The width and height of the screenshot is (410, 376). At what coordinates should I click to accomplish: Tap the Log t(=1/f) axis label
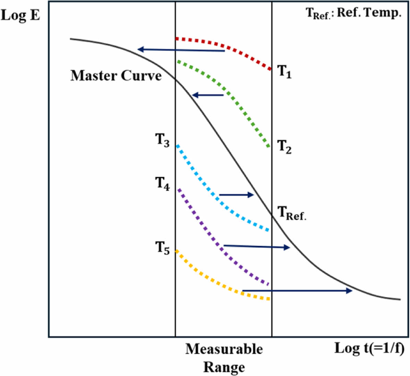point(369,348)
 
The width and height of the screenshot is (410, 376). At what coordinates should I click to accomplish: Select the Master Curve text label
point(116,76)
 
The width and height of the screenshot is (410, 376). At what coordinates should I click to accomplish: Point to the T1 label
point(284,72)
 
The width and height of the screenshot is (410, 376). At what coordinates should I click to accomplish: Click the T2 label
point(284,147)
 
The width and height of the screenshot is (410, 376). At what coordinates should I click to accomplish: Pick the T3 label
point(162,140)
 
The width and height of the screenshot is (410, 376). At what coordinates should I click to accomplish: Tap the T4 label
point(162,184)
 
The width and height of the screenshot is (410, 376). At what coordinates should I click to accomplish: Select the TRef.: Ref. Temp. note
point(353,13)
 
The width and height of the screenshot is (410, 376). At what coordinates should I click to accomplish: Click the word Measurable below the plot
point(224,349)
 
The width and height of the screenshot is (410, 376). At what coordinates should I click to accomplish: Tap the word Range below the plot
point(224,367)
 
